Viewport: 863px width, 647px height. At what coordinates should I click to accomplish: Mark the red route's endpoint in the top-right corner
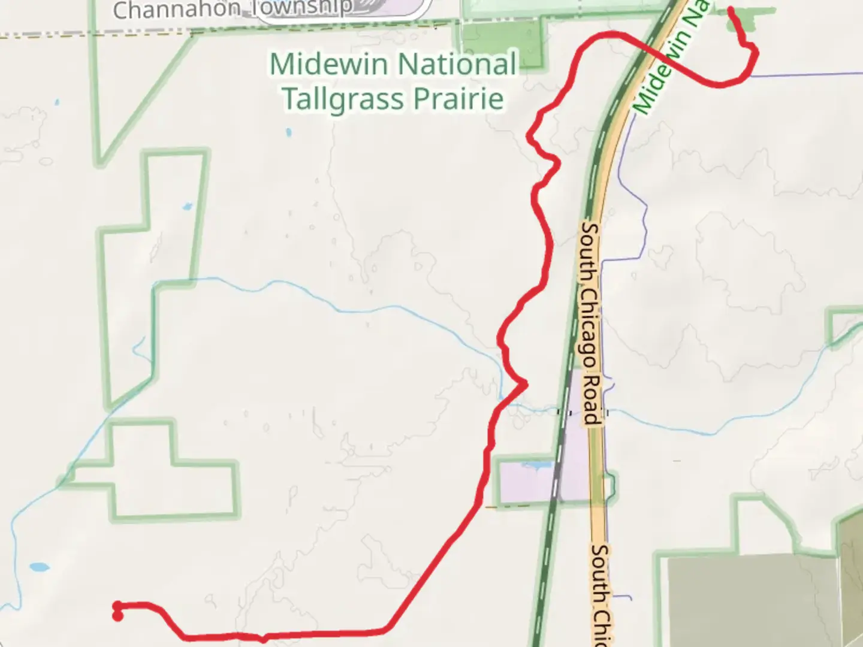coord(731,10)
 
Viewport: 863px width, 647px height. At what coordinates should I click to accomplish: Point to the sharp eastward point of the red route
coord(526,383)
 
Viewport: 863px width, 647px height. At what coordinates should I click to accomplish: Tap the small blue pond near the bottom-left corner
coord(38,567)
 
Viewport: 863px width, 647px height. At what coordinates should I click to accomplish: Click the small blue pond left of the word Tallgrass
coord(289,132)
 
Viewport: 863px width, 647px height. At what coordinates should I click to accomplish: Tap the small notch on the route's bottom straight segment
coord(263,639)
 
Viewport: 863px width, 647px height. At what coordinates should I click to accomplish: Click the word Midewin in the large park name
coord(329,64)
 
